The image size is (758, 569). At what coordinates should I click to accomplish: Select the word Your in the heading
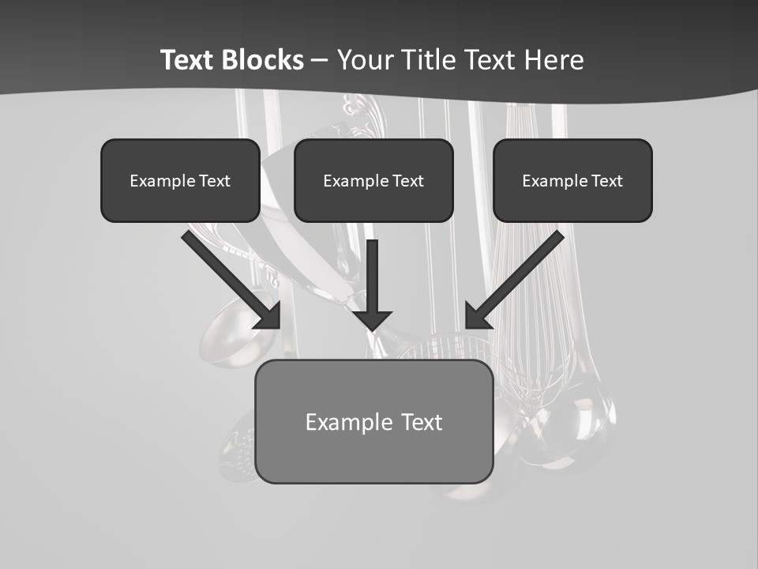click(365, 60)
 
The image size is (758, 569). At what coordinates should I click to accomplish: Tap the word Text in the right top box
click(606, 181)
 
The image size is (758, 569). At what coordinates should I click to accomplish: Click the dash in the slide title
click(320, 60)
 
